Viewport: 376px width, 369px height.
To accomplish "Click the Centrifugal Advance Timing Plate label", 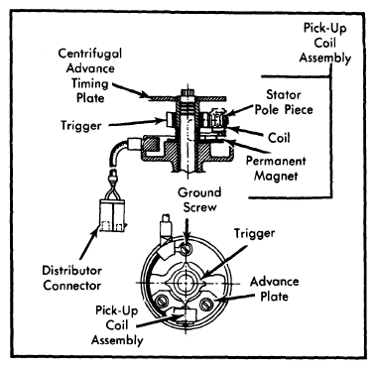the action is pos(90,75).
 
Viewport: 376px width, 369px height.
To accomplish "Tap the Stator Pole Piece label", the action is pos(284,102).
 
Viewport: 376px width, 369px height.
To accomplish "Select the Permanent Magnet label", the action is pos(276,168).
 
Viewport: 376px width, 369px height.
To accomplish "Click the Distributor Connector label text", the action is pos(71,278).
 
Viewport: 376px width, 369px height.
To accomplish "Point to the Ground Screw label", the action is pos(199,199).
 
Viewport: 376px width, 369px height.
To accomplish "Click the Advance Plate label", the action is pos(275,289).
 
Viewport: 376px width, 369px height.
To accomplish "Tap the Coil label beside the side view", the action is pos(279,138).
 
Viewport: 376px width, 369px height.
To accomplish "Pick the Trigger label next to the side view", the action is pos(81,126).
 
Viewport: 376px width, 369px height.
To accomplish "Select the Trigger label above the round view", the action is pos(255,233).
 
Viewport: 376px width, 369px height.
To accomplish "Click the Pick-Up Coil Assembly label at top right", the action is pos(325,43).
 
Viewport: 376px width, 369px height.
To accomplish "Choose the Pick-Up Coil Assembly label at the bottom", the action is pos(117,325).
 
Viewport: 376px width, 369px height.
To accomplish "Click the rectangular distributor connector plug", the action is pos(112,215).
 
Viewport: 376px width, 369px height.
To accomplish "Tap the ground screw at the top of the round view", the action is pos(185,249).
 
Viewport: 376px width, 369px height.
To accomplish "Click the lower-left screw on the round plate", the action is pos(162,302).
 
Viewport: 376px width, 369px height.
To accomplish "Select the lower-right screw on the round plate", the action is pos(205,304).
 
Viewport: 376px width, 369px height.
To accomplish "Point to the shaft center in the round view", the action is pos(186,284).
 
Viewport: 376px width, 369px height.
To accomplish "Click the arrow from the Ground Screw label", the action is pos(187,231).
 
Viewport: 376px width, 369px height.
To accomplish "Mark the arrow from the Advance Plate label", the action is pos(234,299).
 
